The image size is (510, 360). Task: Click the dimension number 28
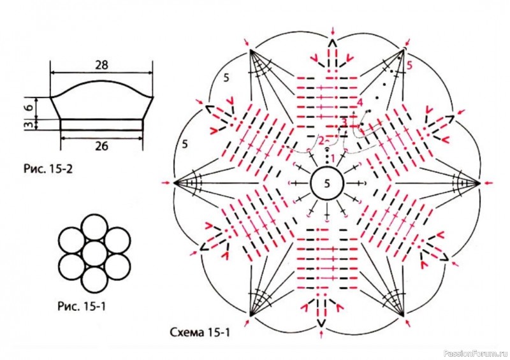point(101,65)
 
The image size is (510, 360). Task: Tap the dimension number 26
point(101,146)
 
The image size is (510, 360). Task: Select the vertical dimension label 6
point(29,108)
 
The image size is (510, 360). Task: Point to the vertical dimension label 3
point(29,124)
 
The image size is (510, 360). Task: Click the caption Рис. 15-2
point(48,169)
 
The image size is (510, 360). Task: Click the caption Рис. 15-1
point(82,306)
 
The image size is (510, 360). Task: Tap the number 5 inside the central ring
point(327,184)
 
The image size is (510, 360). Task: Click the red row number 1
point(332,159)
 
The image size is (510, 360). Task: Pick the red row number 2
point(321,141)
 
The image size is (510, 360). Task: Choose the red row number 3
point(344,122)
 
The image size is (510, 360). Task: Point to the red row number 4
point(360,103)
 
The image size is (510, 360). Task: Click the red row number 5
point(409,66)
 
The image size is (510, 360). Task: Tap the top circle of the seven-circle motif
point(94,227)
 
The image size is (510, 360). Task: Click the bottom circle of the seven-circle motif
point(94,280)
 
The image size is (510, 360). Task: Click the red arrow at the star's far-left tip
point(166,183)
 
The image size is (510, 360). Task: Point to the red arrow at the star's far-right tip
point(488,183)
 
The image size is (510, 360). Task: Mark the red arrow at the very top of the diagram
point(332,31)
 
